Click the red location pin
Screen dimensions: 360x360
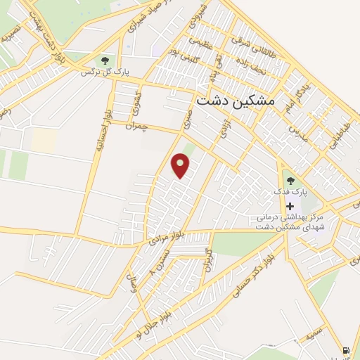(x=181, y=165)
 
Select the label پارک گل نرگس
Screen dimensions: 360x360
(x=105, y=72)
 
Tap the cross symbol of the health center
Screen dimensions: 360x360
(x=290, y=206)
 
